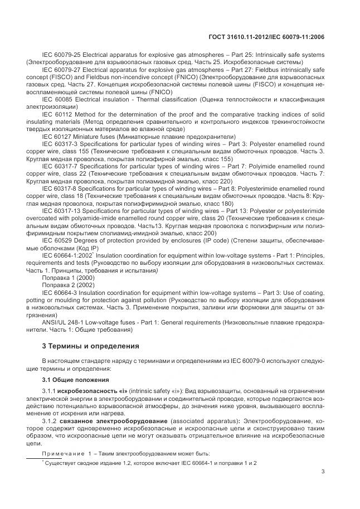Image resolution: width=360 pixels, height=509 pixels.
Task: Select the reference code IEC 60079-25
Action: (x=62, y=56)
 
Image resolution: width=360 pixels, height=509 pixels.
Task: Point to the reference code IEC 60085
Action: (x=57, y=99)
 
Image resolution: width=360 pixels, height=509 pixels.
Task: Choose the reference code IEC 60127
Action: (x=57, y=137)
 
